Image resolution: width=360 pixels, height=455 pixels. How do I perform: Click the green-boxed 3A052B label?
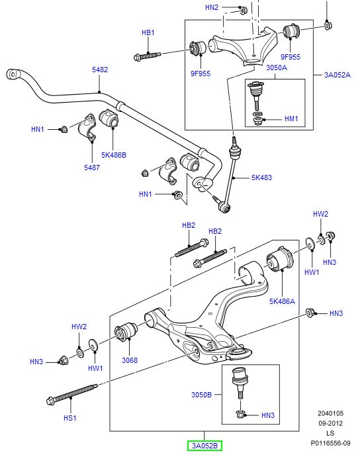(x=204, y=445)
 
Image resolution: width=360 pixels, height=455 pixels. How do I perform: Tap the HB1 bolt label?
(x=148, y=32)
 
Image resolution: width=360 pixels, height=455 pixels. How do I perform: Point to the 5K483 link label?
(x=262, y=177)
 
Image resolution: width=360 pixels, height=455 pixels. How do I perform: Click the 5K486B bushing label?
(x=113, y=154)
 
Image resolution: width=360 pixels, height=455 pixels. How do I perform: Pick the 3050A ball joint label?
(x=257, y=68)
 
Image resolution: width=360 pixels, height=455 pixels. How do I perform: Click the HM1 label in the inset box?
(x=291, y=119)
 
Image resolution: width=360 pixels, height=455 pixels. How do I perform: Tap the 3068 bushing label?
(x=130, y=360)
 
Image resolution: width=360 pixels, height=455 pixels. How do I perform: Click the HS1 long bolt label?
(x=69, y=418)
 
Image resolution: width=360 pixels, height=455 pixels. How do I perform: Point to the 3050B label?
(x=201, y=394)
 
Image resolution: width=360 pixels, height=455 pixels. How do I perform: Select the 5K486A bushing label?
(x=282, y=301)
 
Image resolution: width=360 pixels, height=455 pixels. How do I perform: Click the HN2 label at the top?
(x=211, y=8)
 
